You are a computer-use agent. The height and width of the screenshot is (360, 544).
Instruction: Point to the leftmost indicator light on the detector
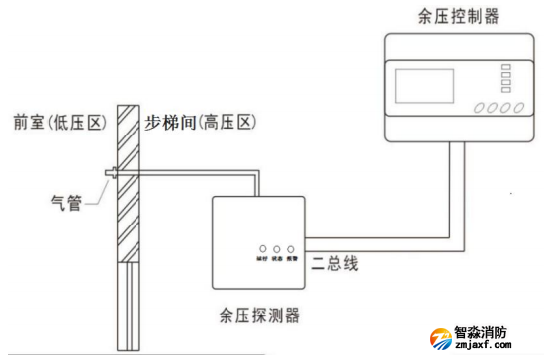click(x=259, y=249)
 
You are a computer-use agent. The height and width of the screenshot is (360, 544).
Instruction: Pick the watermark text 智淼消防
click(x=482, y=332)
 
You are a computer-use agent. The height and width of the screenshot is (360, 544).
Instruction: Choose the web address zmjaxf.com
click(x=482, y=347)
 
